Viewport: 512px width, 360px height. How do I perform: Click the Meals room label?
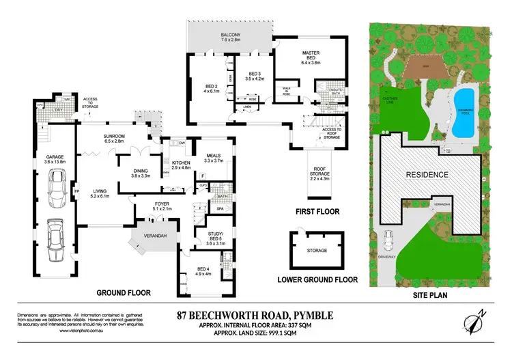(214, 158)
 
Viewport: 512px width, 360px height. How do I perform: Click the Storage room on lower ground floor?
(317, 251)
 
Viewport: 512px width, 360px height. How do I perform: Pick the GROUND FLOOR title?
(123, 292)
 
